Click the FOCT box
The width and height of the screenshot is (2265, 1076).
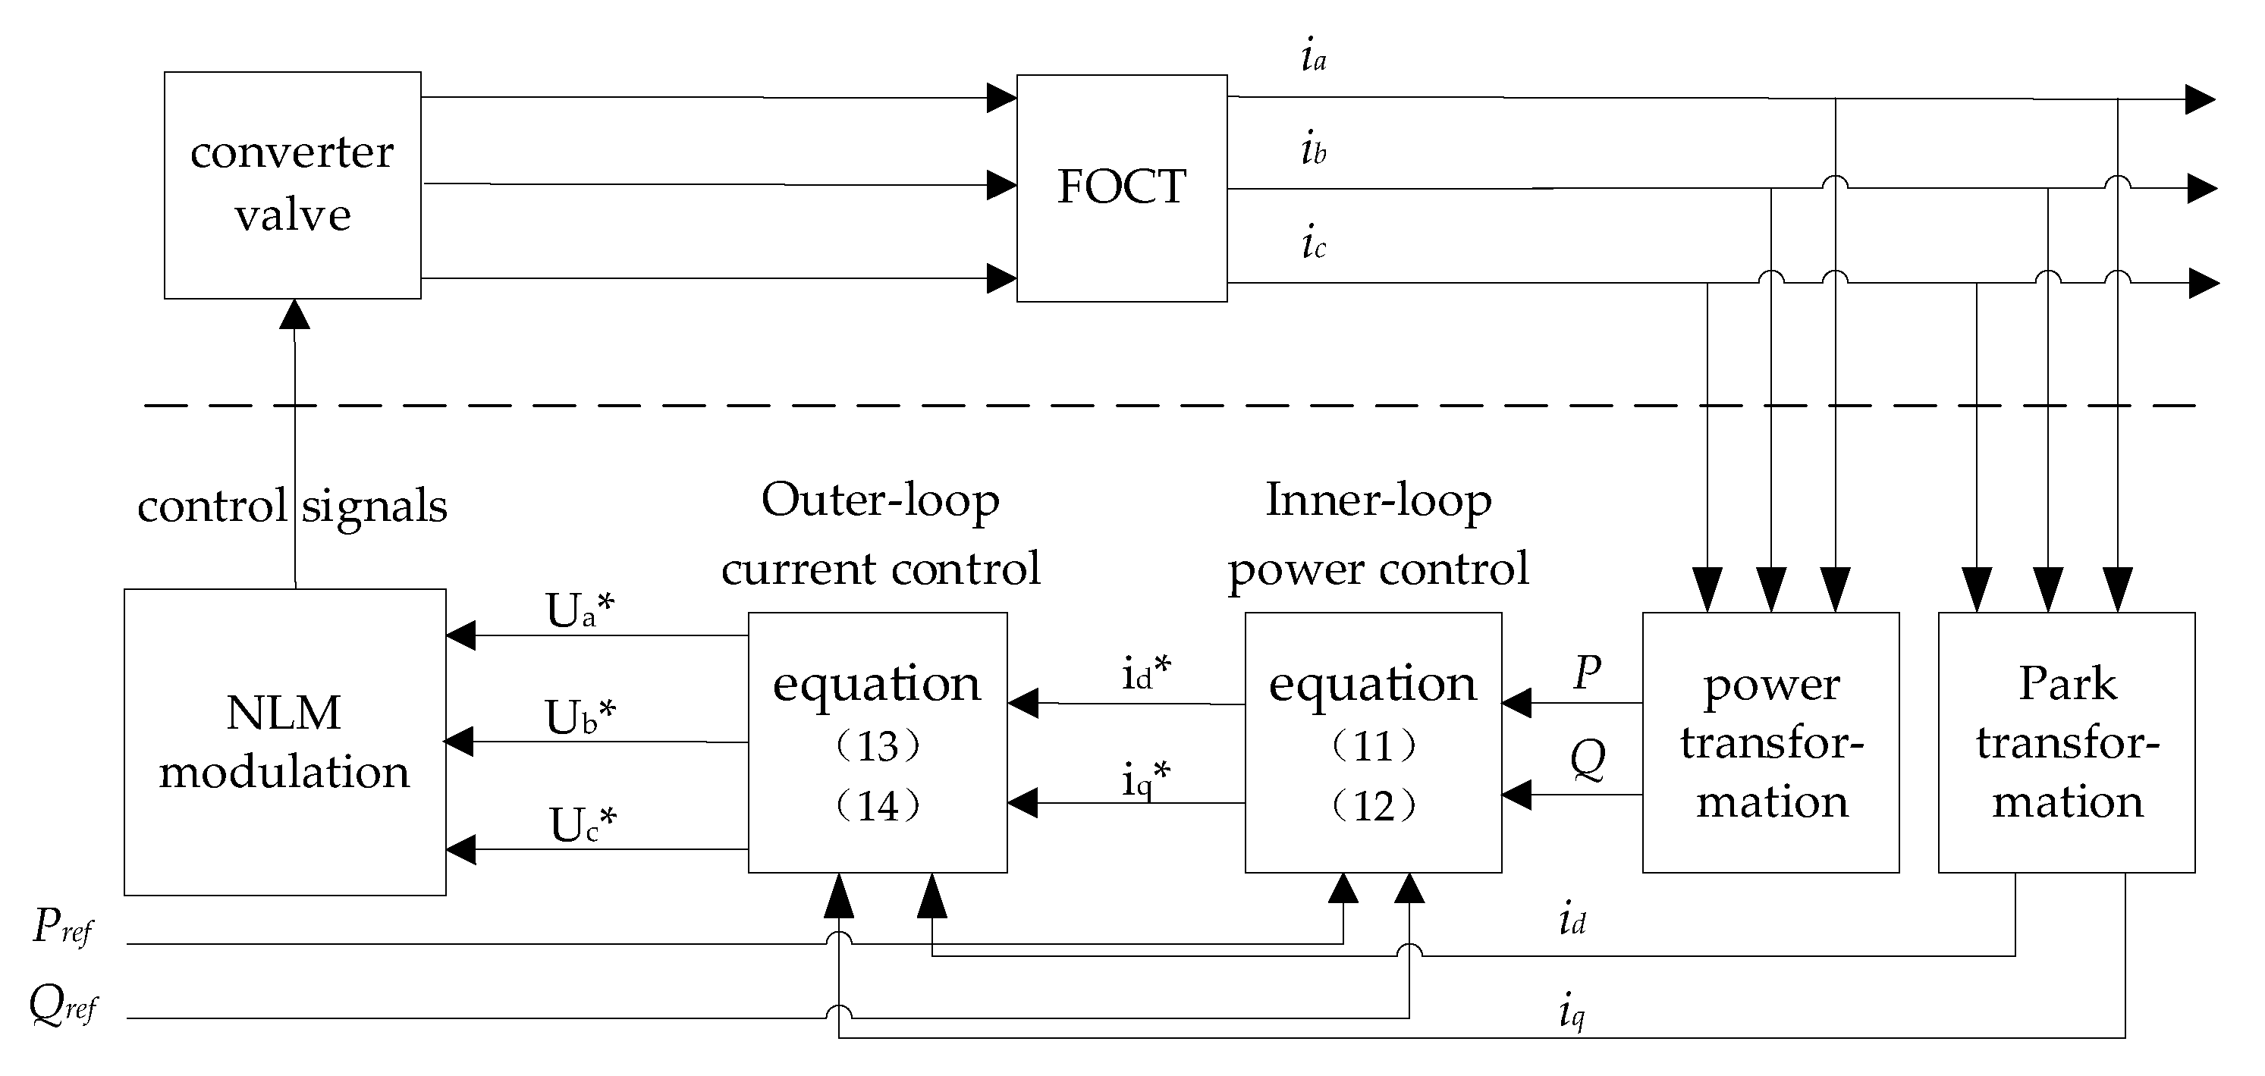tap(1121, 187)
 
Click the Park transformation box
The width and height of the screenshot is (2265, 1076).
tap(2066, 741)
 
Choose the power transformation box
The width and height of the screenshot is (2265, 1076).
tap(1771, 741)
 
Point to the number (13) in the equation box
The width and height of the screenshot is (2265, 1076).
tap(877, 746)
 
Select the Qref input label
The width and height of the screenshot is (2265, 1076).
tap(61, 1004)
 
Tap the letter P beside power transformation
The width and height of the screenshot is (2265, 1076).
tap(1586, 673)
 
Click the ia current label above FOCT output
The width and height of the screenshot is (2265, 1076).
tap(1313, 55)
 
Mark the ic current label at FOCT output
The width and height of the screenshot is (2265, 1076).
tap(1313, 243)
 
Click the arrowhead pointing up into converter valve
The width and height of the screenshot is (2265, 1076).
tap(294, 314)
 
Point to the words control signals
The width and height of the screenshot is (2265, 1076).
tap(292, 507)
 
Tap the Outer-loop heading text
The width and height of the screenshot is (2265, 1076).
tap(879, 500)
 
